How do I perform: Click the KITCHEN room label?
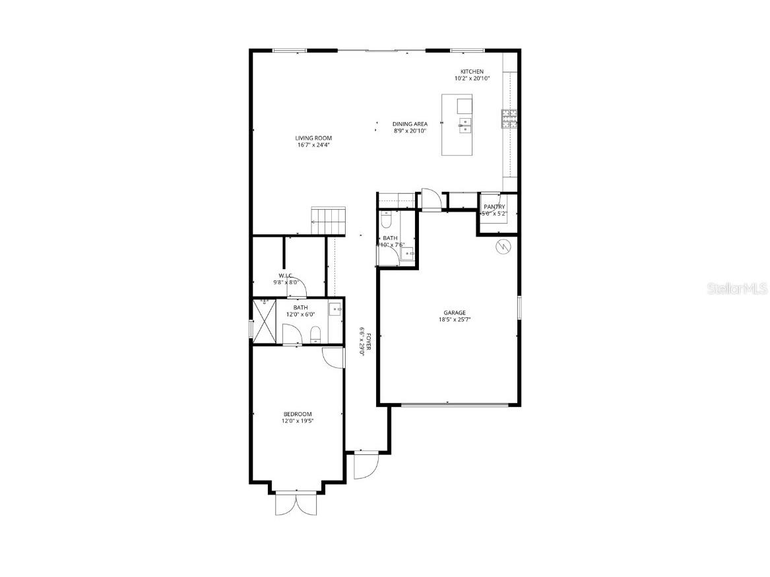tap(472, 72)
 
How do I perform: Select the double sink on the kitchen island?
tap(465, 125)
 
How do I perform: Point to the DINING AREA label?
tap(410, 124)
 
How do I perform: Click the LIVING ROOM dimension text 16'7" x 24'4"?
tap(313, 145)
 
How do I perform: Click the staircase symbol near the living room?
tap(329, 220)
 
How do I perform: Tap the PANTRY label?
tap(494, 207)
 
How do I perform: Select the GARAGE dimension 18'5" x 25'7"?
tap(455, 320)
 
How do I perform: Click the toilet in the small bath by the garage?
tap(387, 218)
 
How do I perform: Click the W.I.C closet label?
tap(286, 276)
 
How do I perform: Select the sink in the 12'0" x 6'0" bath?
tap(335, 309)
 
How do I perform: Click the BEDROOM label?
tap(298, 414)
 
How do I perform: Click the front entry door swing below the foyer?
tap(364, 466)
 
